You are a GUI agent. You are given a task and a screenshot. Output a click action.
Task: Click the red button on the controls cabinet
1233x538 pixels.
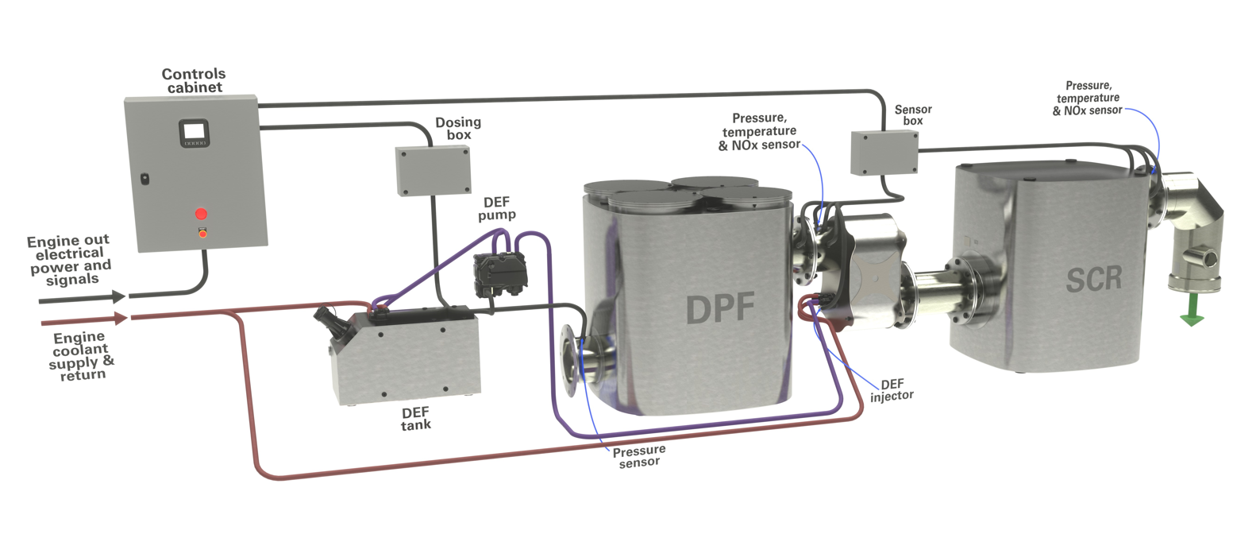(x=201, y=213)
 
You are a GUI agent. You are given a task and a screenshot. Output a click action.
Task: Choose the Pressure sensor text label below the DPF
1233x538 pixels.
(x=639, y=456)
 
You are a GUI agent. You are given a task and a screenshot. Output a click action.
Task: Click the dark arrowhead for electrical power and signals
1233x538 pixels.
(x=118, y=296)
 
